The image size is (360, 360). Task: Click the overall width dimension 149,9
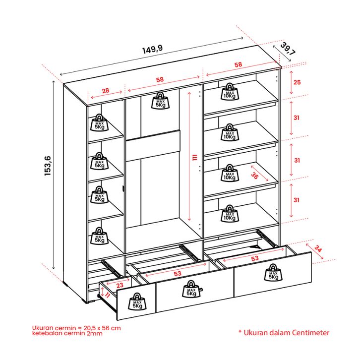(x=153, y=50)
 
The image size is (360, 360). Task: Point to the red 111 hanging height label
(x=195, y=157)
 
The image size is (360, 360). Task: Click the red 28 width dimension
(x=106, y=91)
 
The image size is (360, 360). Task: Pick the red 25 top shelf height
(x=297, y=82)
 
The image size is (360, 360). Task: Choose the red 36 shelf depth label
(x=255, y=175)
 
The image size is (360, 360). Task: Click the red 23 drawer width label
(x=120, y=285)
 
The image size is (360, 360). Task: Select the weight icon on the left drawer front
(x=136, y=301)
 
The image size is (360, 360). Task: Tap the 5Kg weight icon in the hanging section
(x=161, y=101)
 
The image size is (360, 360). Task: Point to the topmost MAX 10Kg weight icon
(x=229, y=92)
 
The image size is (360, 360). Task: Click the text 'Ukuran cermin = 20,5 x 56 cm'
(x=76, y=328)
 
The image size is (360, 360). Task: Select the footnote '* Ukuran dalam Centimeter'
(x=284, y=333)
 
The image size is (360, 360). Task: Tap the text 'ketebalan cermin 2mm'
(x=67, y=334)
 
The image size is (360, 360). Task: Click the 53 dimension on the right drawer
(x=255, y=258)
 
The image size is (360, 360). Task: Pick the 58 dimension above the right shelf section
(x=238, y=65)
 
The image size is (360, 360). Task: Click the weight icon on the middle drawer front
(x=191, y=289)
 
